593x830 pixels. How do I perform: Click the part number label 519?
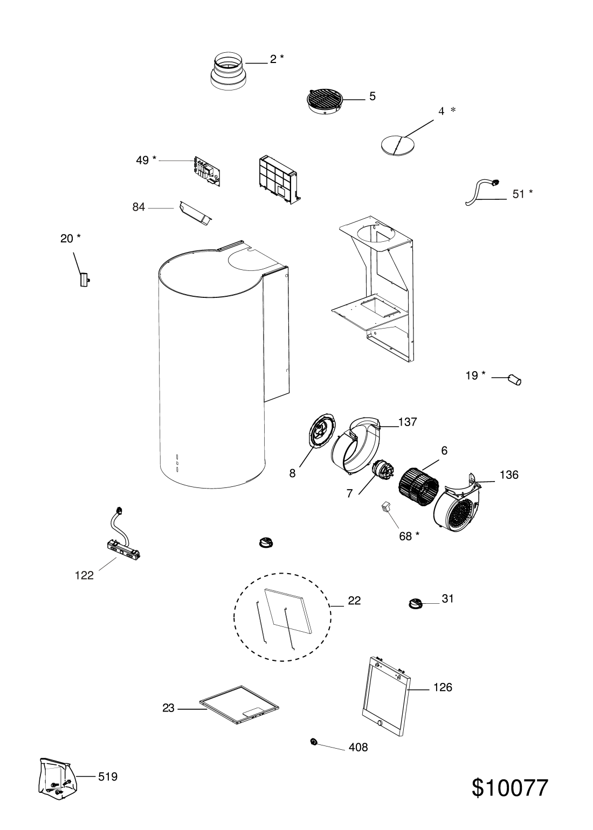coord(108,776)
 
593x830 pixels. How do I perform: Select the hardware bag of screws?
coord(56,777)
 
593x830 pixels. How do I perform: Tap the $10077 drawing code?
coord(509,788)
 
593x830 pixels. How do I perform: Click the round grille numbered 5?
coord(325,101)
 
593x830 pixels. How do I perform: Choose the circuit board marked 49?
coord(208,173)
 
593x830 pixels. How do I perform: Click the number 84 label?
coord(139,207)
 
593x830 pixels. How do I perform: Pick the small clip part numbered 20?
coord(84,280)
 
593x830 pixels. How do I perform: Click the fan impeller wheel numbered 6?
coord(418,484)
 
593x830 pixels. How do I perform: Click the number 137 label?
coord(408,422)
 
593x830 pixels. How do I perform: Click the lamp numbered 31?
coord(416,604)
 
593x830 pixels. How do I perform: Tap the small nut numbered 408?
coord(313,742)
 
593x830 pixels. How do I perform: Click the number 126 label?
coord(442,687)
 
